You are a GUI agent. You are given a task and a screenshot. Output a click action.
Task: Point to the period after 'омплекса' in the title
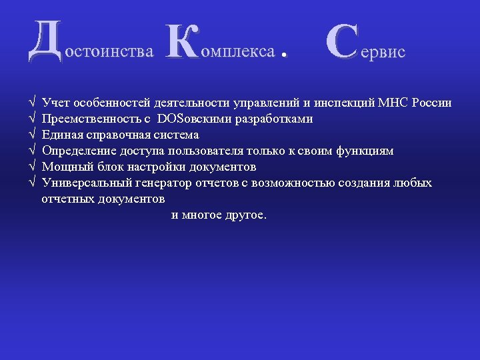285,56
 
